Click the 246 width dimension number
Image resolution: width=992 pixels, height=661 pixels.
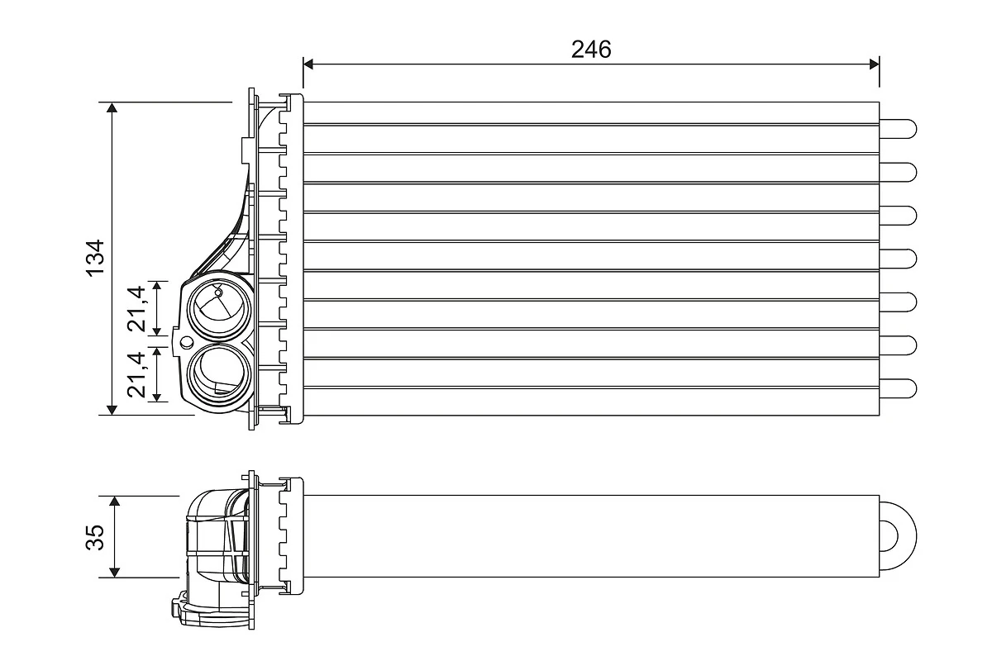591,50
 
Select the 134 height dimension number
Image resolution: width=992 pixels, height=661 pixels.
96,258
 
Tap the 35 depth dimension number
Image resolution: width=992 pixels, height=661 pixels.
96,537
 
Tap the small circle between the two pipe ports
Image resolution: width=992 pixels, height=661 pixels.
187,342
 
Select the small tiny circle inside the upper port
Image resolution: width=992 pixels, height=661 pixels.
218,292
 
